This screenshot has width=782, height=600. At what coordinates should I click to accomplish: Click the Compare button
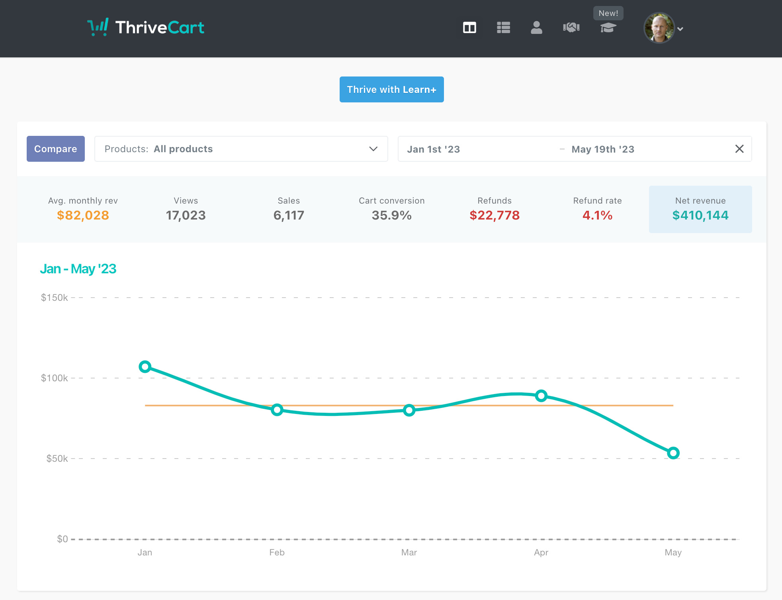pyautogui.click(x=55, y=149)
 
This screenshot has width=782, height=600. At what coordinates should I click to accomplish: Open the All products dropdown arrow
pyautogui.click(x=373, y=149)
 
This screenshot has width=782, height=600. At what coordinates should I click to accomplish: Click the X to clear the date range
pyautogui.click(x=739, y=149)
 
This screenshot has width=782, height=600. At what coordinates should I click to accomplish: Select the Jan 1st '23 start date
pyautogui.click(x=433, y=149)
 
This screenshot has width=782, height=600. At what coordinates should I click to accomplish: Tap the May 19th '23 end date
pyautogui.click(x=602, y=149)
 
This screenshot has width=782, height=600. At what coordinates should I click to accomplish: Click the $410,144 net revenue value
pyautogui.click(x=700, y=216)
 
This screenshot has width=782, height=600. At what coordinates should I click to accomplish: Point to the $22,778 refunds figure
pyautogui.click(x=494, y=216)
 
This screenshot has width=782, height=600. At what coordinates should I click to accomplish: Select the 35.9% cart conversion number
pyautogui.click(x=391, y=216)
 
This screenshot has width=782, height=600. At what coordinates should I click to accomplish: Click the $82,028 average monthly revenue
pyautogui.click(x=83, y=216)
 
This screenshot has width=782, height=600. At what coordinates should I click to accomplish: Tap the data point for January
pyautogui.click(x=145, y=367)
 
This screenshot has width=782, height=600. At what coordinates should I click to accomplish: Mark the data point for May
pyautogui.click(x=673, y=453)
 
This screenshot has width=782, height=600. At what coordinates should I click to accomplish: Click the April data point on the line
pyautogui.click(x=541, y=396)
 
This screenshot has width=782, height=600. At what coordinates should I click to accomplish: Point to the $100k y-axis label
pyautogui.click(x=55, y=378)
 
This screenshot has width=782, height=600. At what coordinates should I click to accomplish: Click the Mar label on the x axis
pyautogui.click(x=409, y=553)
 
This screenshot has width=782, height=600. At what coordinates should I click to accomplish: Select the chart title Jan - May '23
pyautogui.click(x=78, y=269)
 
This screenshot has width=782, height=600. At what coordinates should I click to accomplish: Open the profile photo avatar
pyautogui.click(x=659, y=28)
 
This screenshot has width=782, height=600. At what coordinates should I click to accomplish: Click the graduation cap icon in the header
pyautogui.click(x=608, y=28)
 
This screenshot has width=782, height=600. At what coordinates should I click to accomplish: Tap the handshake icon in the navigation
pyautogui.click(x=571, y=27)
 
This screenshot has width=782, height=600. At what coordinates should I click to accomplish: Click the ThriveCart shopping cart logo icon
pyautogui.click(x=98, y=27)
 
